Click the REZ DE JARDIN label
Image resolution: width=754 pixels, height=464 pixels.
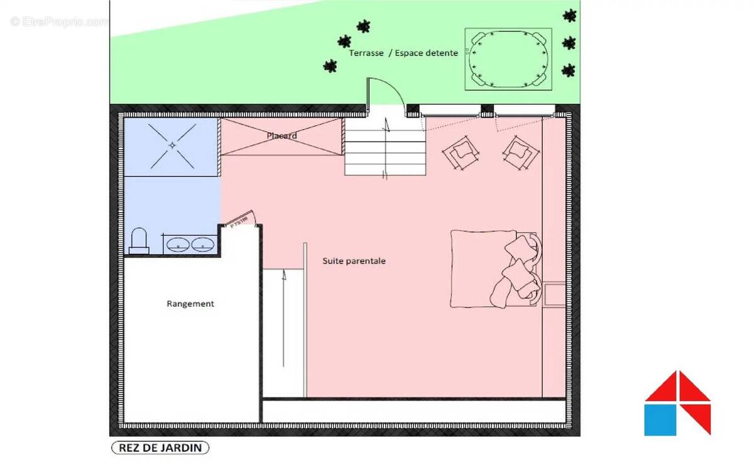click(160, 448)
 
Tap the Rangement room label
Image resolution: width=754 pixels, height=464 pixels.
click(190, 304)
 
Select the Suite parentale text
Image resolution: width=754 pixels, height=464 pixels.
click(354, 260)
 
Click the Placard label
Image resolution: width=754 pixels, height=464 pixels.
click(281, 136)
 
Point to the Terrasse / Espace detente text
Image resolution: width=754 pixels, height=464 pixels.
click(403, 53)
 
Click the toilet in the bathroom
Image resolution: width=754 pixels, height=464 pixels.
click(138, 241)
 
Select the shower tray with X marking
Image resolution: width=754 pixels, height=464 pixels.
click(172, 145)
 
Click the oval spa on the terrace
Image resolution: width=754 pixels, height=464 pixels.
click(508, 59)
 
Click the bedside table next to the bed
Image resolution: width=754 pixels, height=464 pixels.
click(554, 294)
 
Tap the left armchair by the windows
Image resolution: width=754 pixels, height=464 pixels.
click(462, 152)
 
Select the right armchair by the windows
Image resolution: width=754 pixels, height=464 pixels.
click(520, 152)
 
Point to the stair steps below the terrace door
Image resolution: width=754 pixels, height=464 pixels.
click(384, 150)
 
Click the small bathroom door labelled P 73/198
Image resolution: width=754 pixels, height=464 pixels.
click(239, 219)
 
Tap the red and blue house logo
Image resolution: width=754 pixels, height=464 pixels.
click(677, 403)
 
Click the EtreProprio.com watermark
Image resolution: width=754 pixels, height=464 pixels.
click(59, 21)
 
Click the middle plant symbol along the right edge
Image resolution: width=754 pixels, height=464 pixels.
click(569, 43)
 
